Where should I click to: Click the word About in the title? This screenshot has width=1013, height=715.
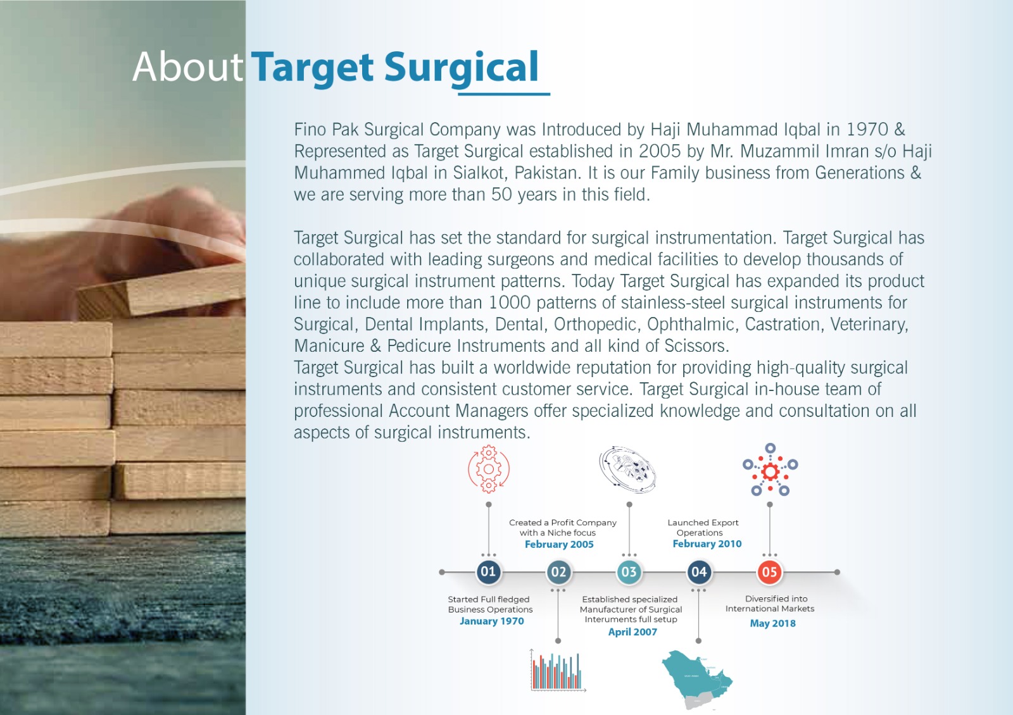click(187, 67)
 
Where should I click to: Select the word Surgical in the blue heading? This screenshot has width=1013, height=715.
click(462, 68)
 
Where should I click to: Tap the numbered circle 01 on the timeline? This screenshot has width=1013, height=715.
click(488, 572)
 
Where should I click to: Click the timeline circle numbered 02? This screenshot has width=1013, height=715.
click(558, 572)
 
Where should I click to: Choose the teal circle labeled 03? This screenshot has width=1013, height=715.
click(629, 572)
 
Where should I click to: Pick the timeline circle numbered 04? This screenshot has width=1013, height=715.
click(699, 572)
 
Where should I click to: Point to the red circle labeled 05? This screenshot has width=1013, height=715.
click(770, 572)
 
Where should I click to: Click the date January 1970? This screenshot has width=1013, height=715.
click(491, 621)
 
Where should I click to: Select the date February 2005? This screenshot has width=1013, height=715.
click(559, 544)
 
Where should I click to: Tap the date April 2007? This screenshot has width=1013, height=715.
click(632, 632)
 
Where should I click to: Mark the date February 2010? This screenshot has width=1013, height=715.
click(707, 544)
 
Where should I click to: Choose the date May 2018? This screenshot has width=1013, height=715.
click(772, 623)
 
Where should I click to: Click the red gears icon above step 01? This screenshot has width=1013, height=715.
click(488, 469)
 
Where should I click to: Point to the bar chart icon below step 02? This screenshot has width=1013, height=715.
click(558, 671)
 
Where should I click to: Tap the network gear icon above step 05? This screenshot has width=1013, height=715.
click(770, 470)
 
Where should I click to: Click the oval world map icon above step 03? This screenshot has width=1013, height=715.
click(627, 469)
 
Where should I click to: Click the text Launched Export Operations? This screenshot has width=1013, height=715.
click(703, 528)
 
